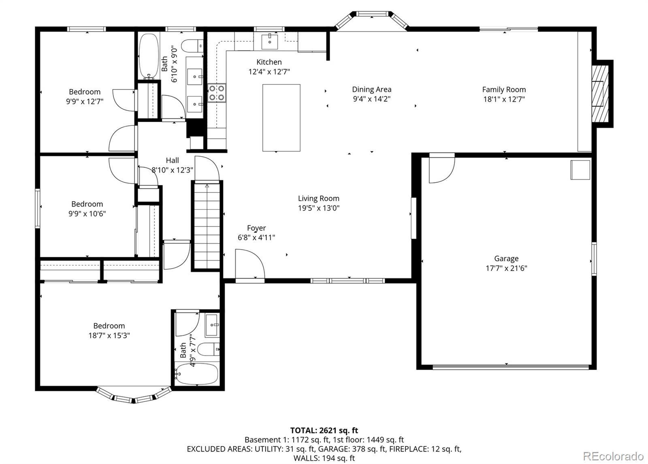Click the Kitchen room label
click(x=269, y=62)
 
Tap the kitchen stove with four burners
click(x=217, y=93)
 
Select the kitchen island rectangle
click(x=281, y=118)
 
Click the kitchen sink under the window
click(x=270, y=42)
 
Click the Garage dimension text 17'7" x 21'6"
click(x=506, y=268)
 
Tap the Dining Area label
click(x=372, y=89)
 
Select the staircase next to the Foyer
click(x=207, y=226)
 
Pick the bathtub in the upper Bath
click(x=149, y=56)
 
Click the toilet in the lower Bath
click(x=208, y=349)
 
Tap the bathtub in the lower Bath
click(x=197, y=374)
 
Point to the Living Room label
click(x=318, y=199)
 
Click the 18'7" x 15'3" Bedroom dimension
click(x=109, y=336)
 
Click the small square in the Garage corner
click(x=580, y=170)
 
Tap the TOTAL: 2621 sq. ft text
click(x=324, y=430)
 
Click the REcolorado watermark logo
click(x=613, y=456)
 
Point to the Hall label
click(x=173, y=160)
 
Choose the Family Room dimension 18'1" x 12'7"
click(x=504, y=100)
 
